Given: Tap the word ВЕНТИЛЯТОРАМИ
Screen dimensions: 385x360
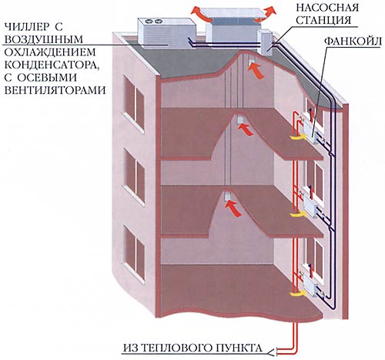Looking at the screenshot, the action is tap(55, 91).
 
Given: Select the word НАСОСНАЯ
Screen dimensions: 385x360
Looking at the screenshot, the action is tap(327, 7).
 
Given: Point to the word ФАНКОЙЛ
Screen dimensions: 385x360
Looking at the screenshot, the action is tap(353, 41).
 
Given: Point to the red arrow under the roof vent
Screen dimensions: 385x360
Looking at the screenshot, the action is tap(256, 71).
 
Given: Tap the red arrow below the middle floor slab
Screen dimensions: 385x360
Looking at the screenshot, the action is tap(233, 208).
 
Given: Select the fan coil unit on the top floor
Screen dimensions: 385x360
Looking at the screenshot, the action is tap(311, 132).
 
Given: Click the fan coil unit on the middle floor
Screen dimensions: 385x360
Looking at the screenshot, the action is tap(312, 206).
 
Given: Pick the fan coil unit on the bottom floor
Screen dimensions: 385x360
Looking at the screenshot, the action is tap(312, 285).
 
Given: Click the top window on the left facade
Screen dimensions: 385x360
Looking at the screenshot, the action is tap(133, 102).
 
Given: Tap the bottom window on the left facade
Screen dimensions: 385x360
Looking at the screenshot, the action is tap(133, 254).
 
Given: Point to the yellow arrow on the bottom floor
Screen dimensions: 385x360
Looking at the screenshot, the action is tap(297, 293).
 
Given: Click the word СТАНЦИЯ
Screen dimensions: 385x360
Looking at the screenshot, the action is tap(323, 20).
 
